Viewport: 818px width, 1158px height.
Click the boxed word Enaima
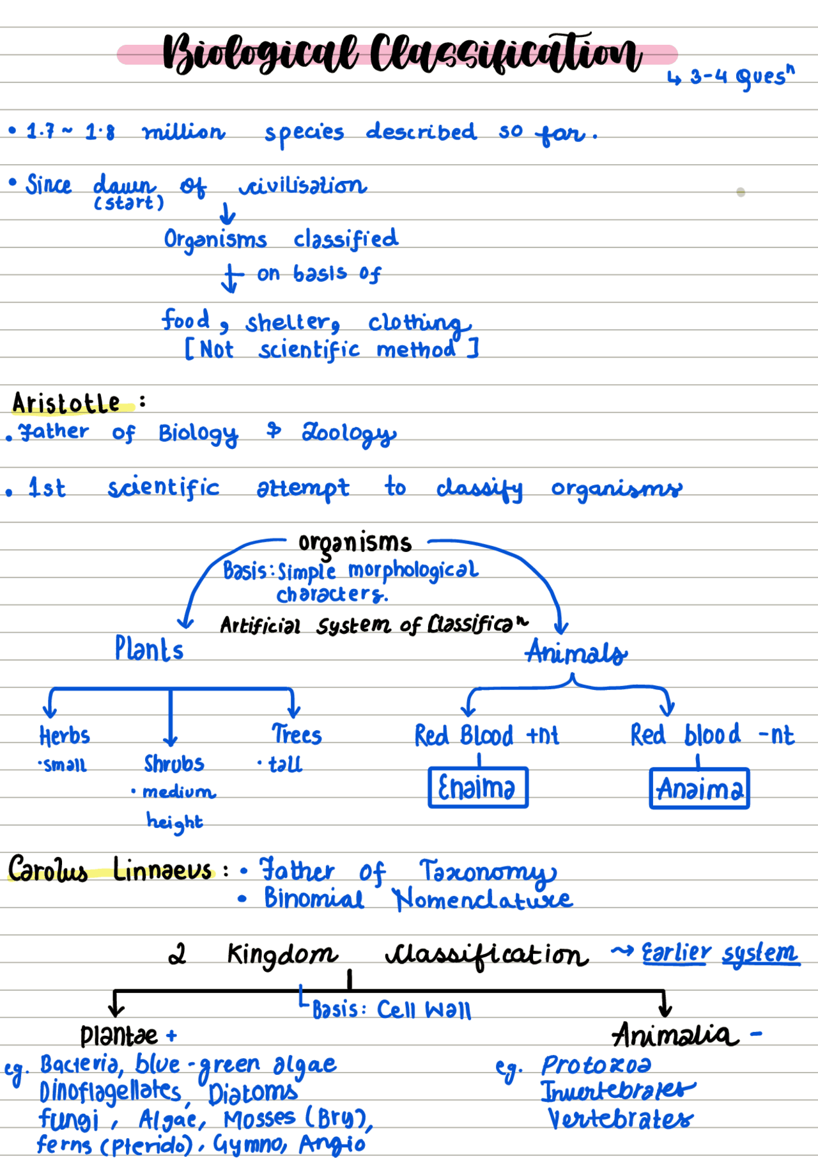click(x=477, y=787)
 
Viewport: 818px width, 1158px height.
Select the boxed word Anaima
click(x=699, y=788)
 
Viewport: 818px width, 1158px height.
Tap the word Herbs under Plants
click(x=65, y=736)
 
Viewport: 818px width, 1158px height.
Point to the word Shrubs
click(x=174, y=763)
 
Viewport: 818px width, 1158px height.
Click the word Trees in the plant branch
click(x=297, y=735)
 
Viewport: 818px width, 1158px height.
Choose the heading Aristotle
click(x=66, y=403)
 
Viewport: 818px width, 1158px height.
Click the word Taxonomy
click(x=487, y=872)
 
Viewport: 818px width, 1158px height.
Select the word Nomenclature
click(x=482, y=900)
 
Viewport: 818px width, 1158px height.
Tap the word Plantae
click(x=119, y=1035)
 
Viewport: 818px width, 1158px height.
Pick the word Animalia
click(x=675, y=1034)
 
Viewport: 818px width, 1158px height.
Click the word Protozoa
click(x=596, y=1065)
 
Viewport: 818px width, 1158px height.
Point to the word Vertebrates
click(x=620, y=1119)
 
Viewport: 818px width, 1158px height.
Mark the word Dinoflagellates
click(x=110, y=1091)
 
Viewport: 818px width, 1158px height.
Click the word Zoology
click(x=349, y=433)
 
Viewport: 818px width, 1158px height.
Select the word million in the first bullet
click(x=184, y=132)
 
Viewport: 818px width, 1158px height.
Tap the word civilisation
click(x=303, y=185)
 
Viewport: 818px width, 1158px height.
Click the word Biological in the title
click(x=259, y=54)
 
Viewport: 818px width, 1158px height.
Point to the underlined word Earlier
click(x=675, y=953)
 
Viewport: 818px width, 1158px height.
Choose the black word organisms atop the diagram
click(x=355, y=543)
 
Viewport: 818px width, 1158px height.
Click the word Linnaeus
click(x=162, y=870)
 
